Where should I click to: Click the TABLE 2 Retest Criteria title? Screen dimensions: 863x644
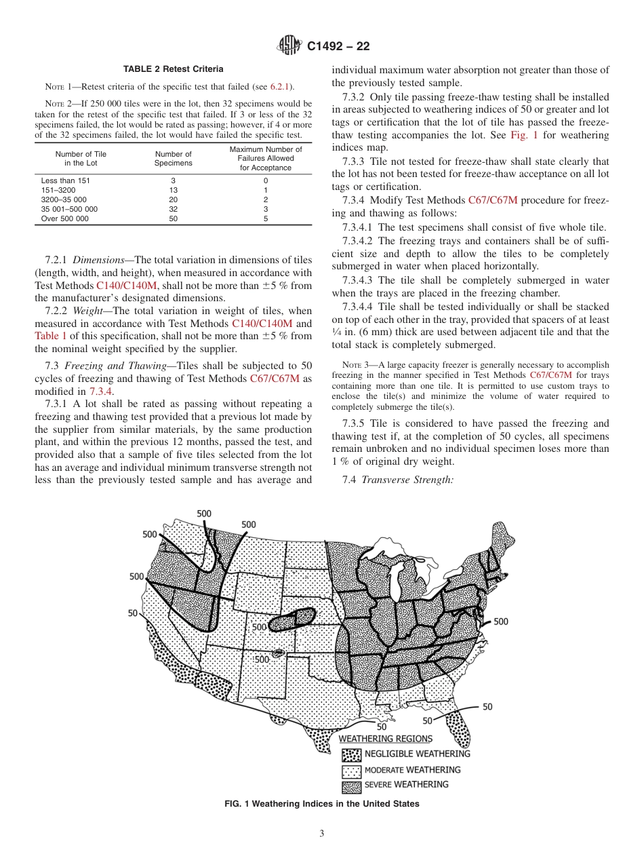pyautogui.click(x=173, y=69)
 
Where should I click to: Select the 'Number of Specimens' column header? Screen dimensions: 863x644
pyautogui.click(x=173, y=159)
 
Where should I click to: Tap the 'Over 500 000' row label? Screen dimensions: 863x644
pyautogui.click(x=64, y=219)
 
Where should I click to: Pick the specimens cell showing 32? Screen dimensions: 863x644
pyautogui.click(x=173, y=210)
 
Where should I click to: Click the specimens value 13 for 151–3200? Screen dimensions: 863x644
pyautogui.click(x=173, y=191)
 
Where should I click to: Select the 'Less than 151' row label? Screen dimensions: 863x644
pyautogui.click(x=65, y=181)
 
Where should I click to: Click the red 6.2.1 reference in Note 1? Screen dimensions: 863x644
pyautogui.click(x=279, y=85)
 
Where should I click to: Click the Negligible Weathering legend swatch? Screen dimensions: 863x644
pyautogui.click(x=351, y=754)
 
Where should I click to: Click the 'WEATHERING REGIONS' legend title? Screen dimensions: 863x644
pyautogui.click(x=385, y=738)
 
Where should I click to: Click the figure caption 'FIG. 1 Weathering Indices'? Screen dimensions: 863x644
pyautogui.click(x=322, y=804)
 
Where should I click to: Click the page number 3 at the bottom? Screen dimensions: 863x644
pyautogui.click(x=322, y=834)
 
